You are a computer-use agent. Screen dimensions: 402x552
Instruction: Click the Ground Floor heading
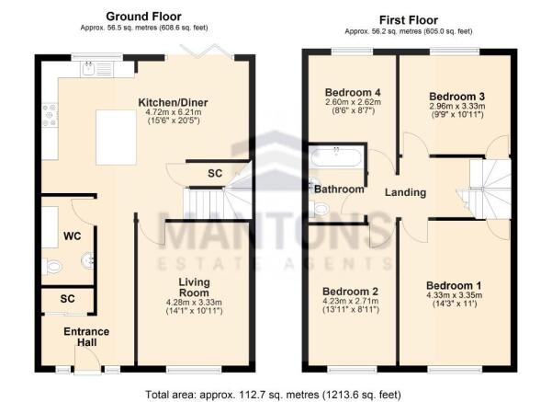[143, 16]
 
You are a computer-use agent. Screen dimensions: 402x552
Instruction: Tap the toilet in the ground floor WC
[53, 267]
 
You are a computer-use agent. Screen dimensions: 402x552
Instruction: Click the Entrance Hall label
[86, 337]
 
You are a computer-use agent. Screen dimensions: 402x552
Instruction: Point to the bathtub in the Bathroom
[337, 157]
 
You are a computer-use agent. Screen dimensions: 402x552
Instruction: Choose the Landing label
[405, 192]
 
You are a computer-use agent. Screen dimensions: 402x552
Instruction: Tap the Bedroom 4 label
[354, 93]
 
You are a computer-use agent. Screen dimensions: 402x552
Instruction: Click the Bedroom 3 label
[456, 96]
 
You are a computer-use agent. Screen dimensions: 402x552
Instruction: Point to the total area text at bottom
[274, 394]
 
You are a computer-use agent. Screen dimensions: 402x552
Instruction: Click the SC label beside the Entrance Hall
[66, 300]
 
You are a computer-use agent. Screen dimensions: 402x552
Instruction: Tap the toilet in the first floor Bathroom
[320, 210]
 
